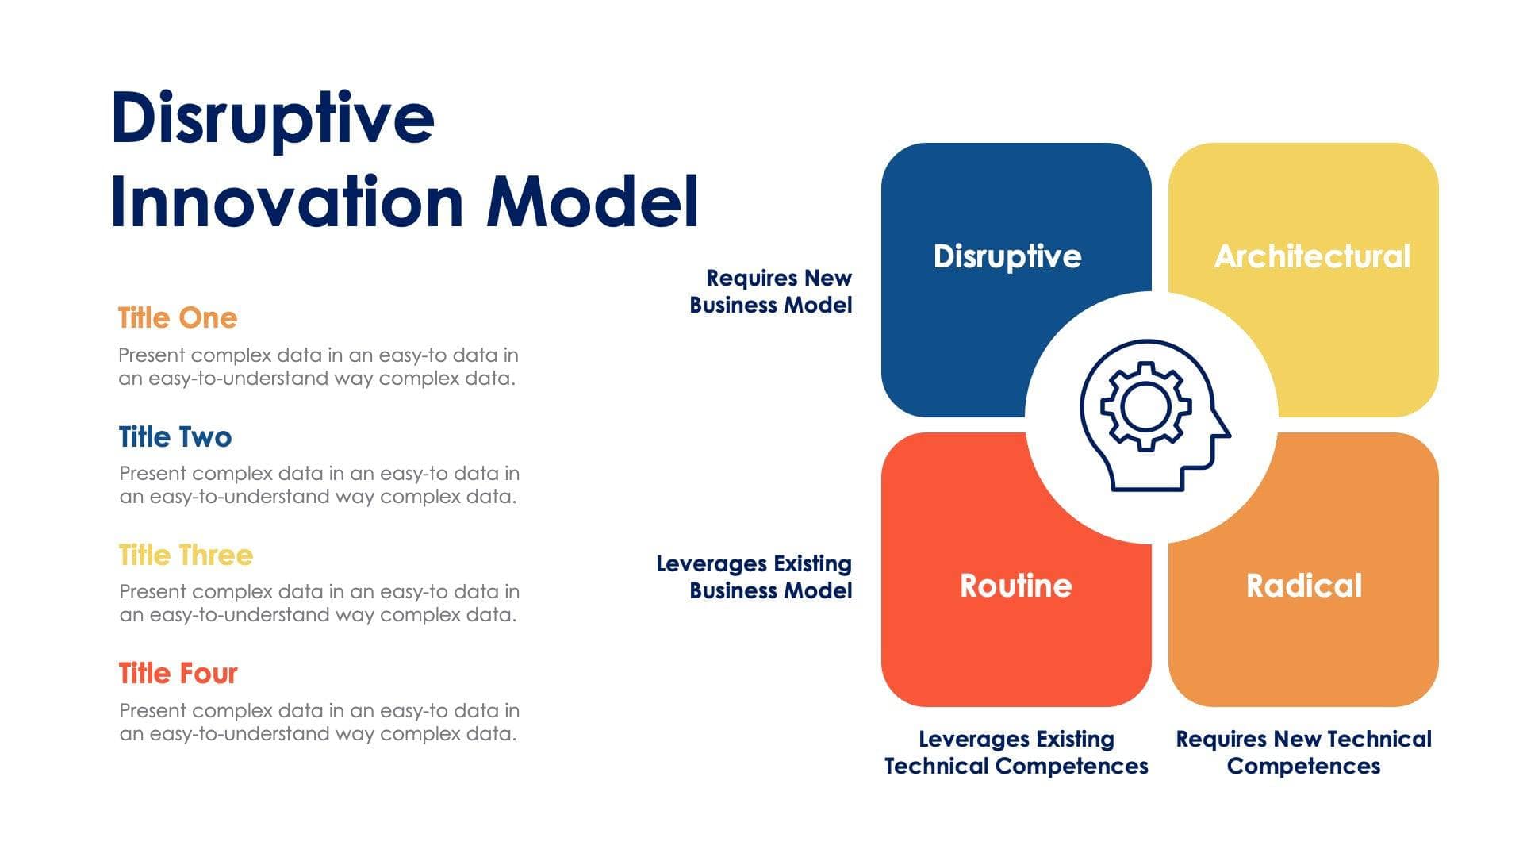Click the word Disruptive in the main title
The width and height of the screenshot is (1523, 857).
tap(273, 119)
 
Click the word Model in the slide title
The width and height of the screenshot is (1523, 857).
tap(592, 202)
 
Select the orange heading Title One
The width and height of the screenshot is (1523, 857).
tap(178, 318)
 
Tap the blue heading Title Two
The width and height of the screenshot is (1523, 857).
tap(175, 437)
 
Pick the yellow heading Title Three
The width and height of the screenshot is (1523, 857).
tap(186, 555)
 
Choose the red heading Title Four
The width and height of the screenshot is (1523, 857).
tap(178, 674)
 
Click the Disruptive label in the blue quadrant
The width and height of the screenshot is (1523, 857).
tap(1007, 256)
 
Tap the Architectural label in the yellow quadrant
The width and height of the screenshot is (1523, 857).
tap(1312, 256)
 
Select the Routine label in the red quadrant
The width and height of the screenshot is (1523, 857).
tap(1015, 586)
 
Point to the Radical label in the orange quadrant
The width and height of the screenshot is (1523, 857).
tap(1303, 586)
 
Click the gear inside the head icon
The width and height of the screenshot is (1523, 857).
tap(1145, 406)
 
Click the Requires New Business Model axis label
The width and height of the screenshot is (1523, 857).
tap(771, 291)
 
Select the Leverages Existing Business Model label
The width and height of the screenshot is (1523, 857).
tap(754, 577)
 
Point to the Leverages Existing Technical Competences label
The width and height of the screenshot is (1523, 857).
tap(1016, 752)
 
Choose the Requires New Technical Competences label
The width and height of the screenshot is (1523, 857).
tap(1303, 752)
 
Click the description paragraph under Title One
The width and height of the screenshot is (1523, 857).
tap(318, 367)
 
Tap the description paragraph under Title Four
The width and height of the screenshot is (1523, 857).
tap(319, 722)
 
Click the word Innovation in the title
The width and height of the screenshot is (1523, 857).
tap(286, 202)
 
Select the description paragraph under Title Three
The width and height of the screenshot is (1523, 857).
tap(319, 603)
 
